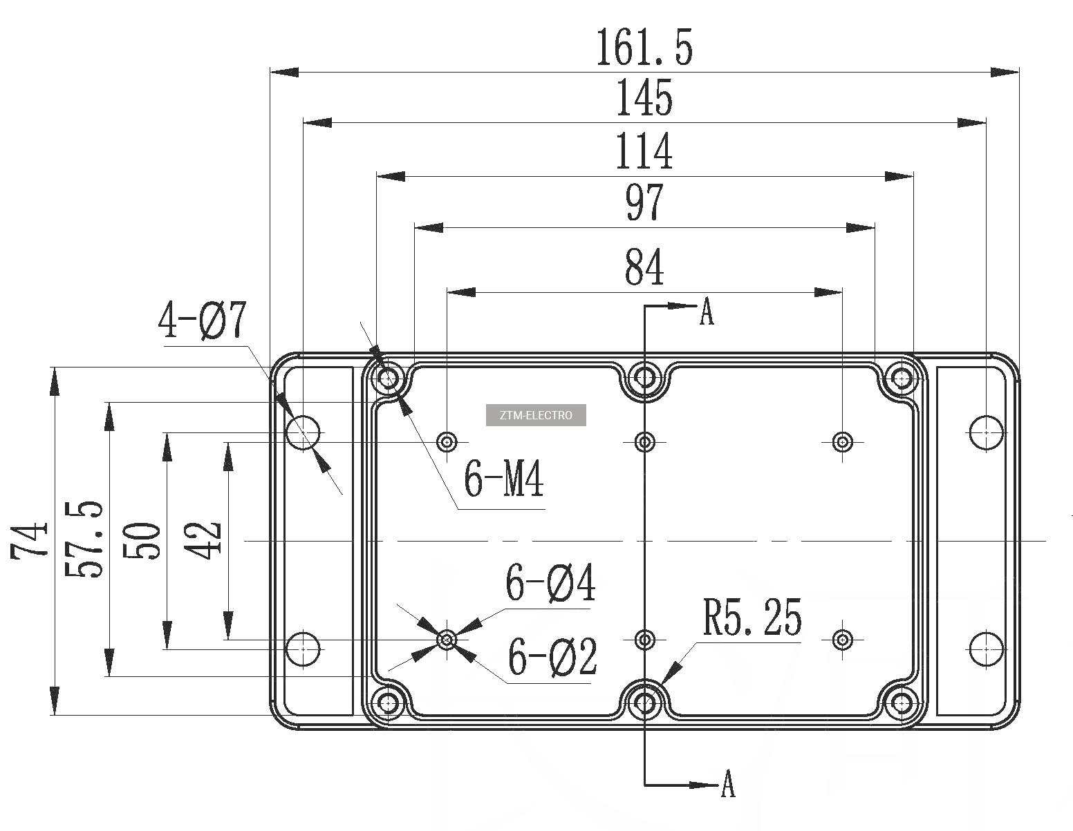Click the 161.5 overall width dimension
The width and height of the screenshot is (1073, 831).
click(x=644, y=47)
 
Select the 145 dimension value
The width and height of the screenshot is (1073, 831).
click(x=644, y=97)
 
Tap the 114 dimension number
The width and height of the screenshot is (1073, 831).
click(x=644, y=151)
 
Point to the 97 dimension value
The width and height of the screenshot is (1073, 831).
click(x=644, y=202)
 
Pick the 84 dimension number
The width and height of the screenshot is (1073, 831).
click(x=644, y=267)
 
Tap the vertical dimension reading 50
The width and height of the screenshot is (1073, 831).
click(x=144, y=540)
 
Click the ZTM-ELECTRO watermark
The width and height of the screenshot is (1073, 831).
click(x=536, y=415)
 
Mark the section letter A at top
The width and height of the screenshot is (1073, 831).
click(x=706, y=312)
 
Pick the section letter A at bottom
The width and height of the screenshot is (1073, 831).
click(x=727, y=785)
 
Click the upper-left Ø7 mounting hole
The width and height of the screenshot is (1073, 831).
click(x=303, y=432)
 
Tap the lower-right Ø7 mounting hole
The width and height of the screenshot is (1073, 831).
click(x=986, y=649)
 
